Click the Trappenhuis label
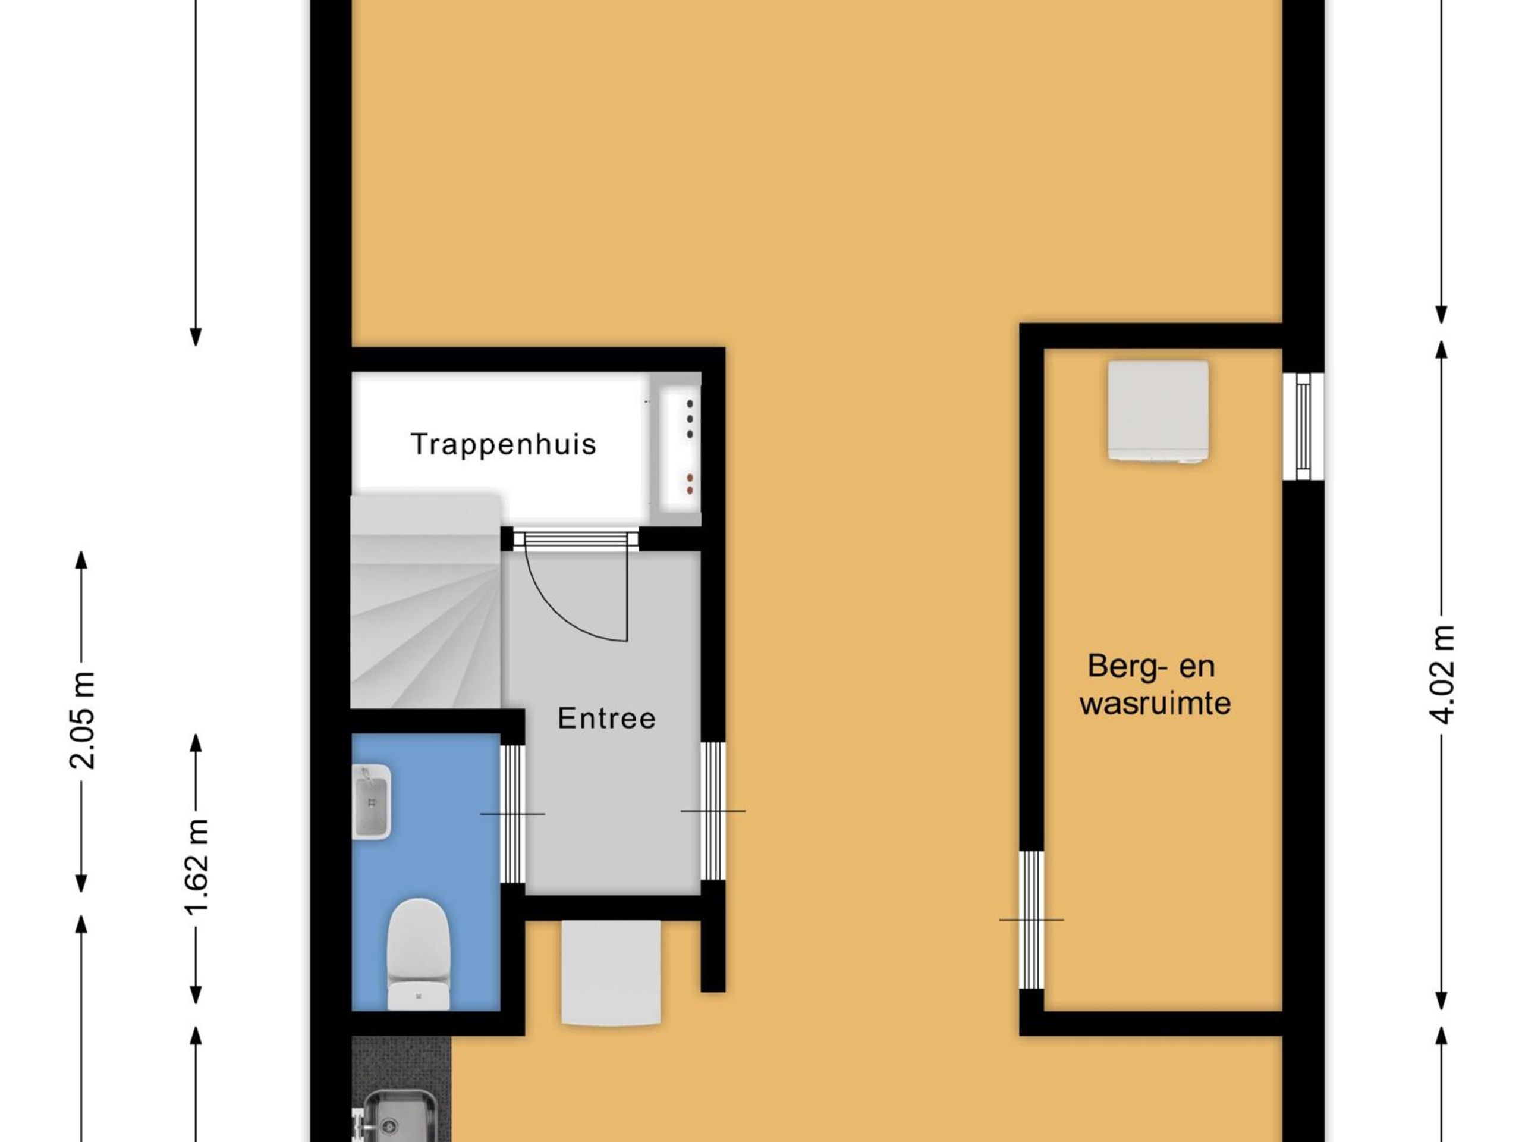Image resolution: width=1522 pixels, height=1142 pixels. pyautogui.click(x=503, y=445)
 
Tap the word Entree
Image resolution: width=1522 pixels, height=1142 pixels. pyautogui.click(x=606, y=719)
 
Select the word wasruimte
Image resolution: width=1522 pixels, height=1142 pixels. pyautogui.click(x=1155, y=704)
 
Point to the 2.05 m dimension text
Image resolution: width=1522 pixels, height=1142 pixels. pyautogui.click(x=82, y=720)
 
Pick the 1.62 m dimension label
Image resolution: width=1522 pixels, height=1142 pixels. pyautogui.click(x=196, y=867)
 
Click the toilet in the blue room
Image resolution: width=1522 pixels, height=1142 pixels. pyautogui.click(x=419, y=954)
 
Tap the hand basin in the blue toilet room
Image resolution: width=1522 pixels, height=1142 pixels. pyautogui.click(x=372, y=802)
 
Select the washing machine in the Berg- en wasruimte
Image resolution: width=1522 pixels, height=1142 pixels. pyautogui.click(x=1159, y=412)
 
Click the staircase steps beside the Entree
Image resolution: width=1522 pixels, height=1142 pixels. pyautogui.click(x=426, y=600)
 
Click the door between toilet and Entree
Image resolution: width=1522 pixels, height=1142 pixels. pyautogui.click(x=512, y=814)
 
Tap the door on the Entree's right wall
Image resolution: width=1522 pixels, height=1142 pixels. pyautogui.click(x=713, y=811)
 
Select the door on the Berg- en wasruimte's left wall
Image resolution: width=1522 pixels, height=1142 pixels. pyautogui.click(x=1031, y=920)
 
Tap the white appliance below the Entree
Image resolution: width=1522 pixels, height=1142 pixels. pyautogui.click(x=611, y=972)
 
